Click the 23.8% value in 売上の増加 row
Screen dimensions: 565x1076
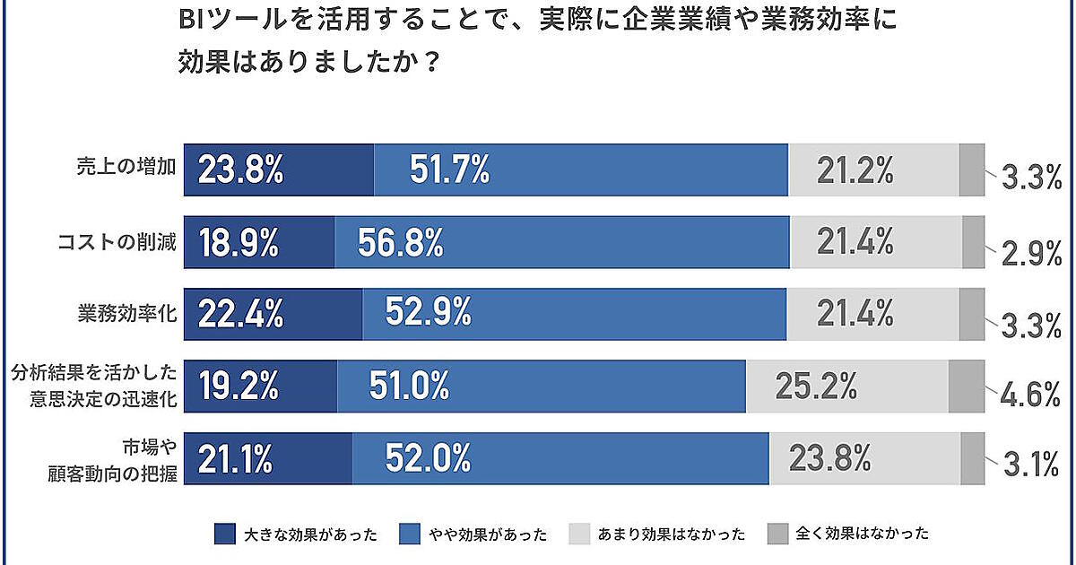(x=240, y=169)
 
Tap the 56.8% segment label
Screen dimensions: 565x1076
(x=400, y=241)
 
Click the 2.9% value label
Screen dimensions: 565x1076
(x=1032, y=255)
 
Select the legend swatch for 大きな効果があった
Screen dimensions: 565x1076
(x=225, y=535)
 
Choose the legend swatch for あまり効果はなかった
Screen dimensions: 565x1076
(x=580, y=535)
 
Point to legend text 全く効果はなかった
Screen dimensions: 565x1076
(x=863, y=535)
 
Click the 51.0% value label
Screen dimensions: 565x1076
(x=409, y=387)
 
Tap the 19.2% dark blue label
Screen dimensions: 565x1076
(x=238, y=387)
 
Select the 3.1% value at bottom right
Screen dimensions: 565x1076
(x=1032, y=465)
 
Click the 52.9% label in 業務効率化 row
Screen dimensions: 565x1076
(x=429, y=314)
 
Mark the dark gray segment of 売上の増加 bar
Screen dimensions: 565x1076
(x=971, y=169)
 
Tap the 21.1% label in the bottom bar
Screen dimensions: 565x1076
(x=235, y=458)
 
